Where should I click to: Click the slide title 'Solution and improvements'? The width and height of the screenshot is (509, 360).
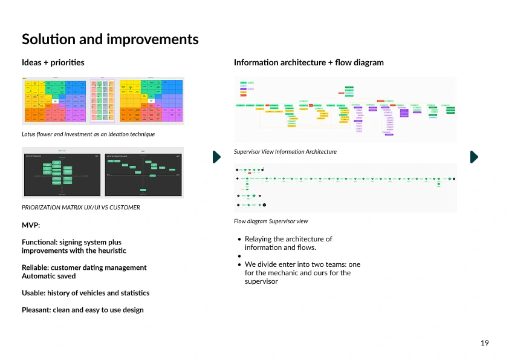pos(110,39)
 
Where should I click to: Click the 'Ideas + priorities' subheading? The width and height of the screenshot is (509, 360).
pos(53,62)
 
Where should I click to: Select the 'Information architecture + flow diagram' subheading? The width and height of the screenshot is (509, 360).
pos(308,62)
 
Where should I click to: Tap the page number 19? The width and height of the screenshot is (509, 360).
pos(484,343)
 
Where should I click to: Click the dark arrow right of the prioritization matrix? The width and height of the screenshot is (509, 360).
pos(216,157)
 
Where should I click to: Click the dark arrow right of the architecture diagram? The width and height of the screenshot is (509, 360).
pos(474,157)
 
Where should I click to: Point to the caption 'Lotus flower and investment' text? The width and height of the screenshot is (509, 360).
pos(88,134)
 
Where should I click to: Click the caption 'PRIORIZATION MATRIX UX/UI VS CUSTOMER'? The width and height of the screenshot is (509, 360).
pos(81,208)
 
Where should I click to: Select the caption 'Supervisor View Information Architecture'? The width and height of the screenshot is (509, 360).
pos(285,152)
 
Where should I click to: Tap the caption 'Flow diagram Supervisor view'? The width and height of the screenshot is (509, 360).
pos(271,221)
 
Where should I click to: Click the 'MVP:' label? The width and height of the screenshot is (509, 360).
pos(31,225)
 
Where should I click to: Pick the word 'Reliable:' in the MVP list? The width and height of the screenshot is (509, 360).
pos(35,267)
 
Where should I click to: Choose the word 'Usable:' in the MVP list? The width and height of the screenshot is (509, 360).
pos(33,293)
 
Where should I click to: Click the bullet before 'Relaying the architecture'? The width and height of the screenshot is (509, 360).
pos(240,239)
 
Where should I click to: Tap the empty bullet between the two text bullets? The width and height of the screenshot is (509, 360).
pos(240,256)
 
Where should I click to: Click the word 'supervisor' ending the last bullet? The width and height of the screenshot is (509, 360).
pos(261,281)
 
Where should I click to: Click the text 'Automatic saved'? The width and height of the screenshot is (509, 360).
pos(49,276)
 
